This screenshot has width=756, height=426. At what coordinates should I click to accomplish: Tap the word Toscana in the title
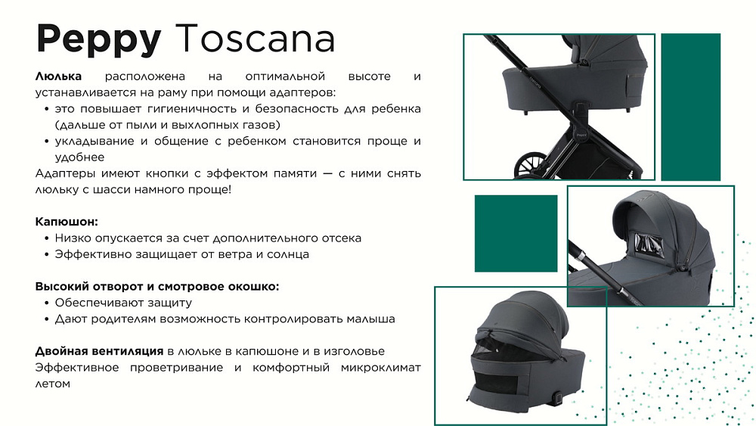click(255, 38)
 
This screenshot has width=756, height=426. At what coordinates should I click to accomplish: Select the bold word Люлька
click(58, 76)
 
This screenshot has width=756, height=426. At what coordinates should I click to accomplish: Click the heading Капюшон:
click(67, 222)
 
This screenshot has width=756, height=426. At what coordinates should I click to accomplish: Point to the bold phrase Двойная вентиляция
click(99, 351)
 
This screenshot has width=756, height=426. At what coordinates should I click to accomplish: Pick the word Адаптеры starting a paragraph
click(64, 174)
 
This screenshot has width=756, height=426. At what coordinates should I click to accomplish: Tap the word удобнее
click(79, 157)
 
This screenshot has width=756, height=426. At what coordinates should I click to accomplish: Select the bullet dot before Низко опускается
click(47, 238)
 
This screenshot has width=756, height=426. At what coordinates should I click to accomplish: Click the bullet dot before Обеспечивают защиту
click(47, 303)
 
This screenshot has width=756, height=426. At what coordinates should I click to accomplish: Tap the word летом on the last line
click(53, 384)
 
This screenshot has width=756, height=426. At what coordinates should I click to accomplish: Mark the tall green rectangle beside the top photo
click(690, 107)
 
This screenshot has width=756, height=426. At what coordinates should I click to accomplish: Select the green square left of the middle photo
click(516, 234)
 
